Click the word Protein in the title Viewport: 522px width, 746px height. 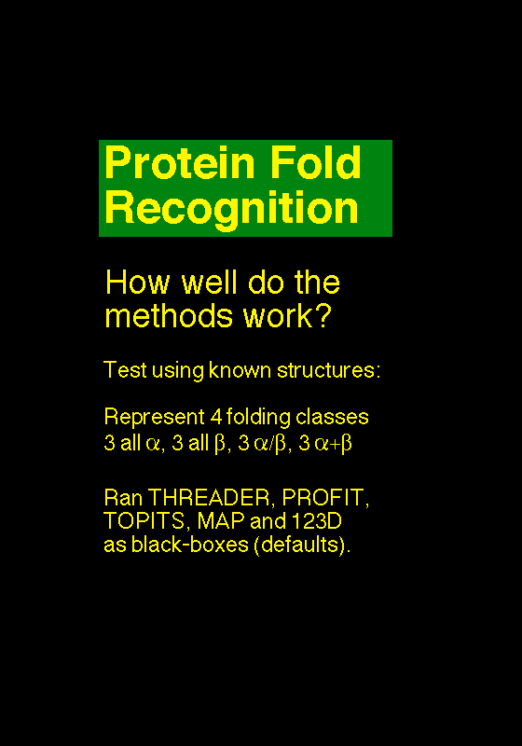click(180, 162)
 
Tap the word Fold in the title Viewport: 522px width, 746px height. click(316, 162)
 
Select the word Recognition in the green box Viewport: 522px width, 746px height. click(231, 209)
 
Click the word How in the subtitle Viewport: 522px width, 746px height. click(137, 283)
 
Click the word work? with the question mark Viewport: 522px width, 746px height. click(287, 315)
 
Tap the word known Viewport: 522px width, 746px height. click(240, 370)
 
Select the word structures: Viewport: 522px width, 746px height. click(328, 370)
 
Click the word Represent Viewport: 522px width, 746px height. click(154, 417)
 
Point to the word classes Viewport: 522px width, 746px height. click(332, 417)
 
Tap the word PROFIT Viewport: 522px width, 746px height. click(325, 498)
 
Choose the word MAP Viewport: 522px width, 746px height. click(221, 521)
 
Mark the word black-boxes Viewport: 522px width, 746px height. click(189, 545)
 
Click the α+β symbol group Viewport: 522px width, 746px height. click(333, 444)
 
